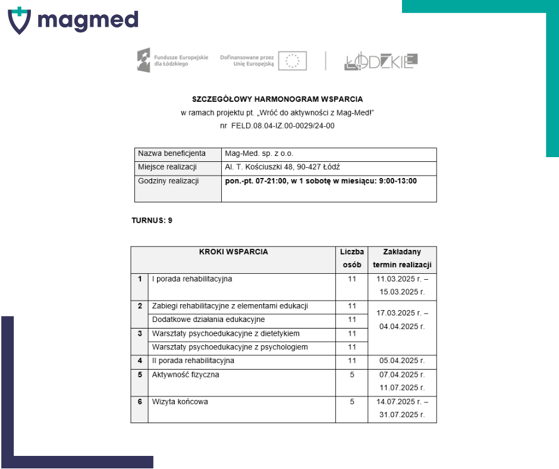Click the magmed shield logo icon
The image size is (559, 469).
(x=18, y=20)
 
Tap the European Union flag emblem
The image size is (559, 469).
(x=293, y=61)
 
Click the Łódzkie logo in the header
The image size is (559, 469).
(x=381, y=61)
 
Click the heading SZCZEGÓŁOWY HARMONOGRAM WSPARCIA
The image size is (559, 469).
(x=278, y=99)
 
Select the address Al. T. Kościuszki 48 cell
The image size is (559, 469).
(x=282, y=167)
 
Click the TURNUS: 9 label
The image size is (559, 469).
(x=152, y=220)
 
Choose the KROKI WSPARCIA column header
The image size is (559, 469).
(x=233, y=252)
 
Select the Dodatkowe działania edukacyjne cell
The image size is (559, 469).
(x=209, y=320)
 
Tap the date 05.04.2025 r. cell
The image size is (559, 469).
(x=402, y=361)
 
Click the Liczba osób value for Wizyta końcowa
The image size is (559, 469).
(x=352, y=402)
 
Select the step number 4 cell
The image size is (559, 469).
(x=140, y=361)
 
